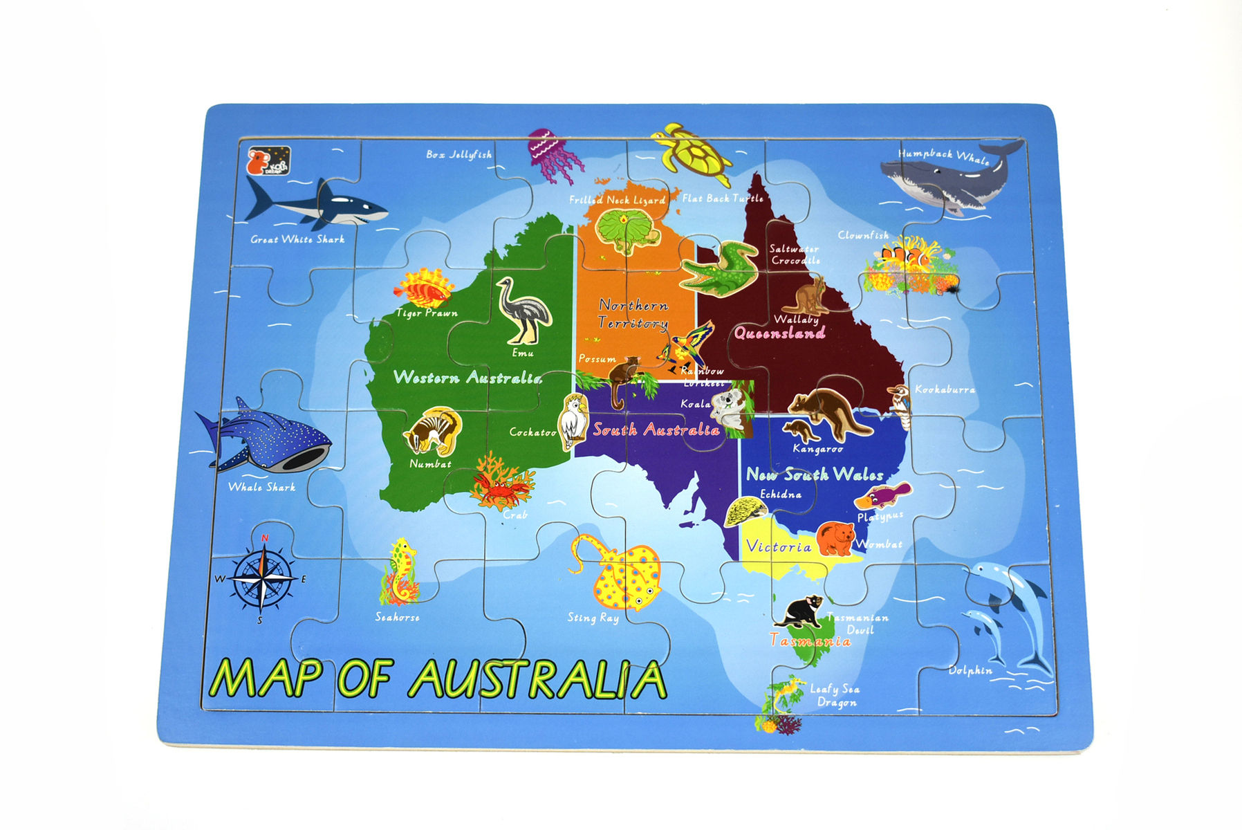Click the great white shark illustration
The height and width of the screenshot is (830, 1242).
coord(318,203)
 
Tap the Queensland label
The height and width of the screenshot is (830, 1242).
coord(779,333)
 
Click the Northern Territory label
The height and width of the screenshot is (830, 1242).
coord(633,313)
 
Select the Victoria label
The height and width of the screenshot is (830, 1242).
coord(779,546)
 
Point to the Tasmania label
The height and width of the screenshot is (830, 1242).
coord(810,641)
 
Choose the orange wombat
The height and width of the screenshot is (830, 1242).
coord(836,538)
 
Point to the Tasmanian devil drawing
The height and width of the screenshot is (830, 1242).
coord(799,611)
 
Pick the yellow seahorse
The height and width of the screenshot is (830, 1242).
coord(400,571)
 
